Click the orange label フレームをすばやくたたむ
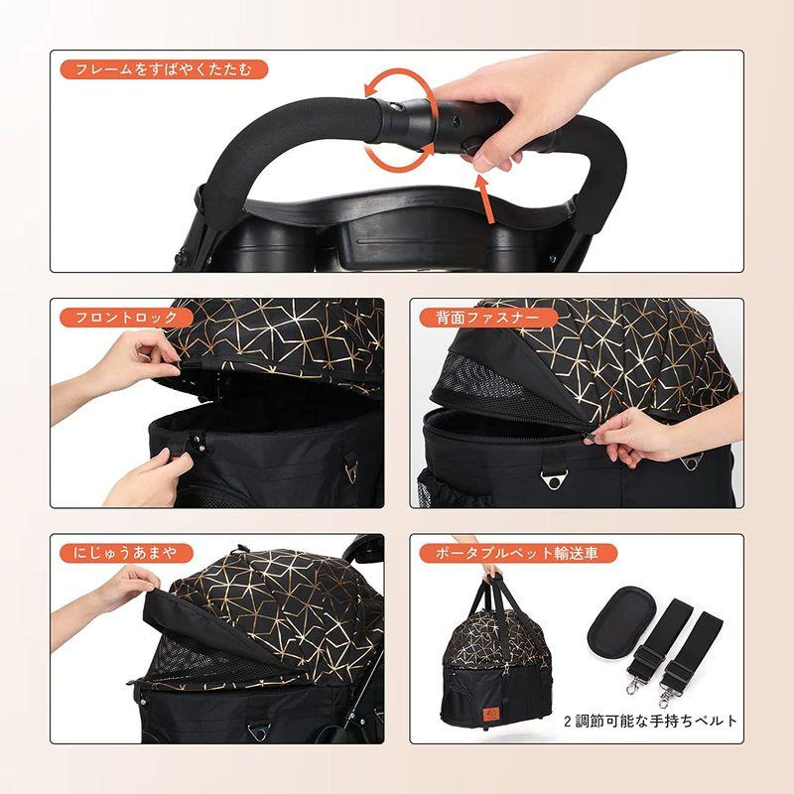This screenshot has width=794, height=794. (x=164, y=69)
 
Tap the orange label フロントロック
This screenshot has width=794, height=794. (x=127, y=318)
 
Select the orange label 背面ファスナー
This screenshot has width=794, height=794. (x=488, y=318)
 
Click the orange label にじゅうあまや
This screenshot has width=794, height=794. (x=127, y=553)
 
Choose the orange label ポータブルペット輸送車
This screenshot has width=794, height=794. (x=518, y=553)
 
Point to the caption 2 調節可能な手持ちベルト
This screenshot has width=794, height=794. (x=650, y=721)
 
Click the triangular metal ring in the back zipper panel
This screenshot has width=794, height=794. (x=554, y=479)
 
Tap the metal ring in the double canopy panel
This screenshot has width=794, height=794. (x=258, y=730)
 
